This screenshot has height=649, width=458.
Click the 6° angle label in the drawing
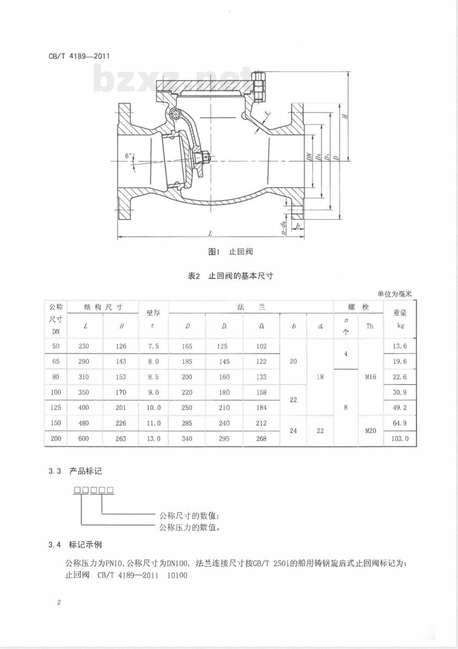[128, 156]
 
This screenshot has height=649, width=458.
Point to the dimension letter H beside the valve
[345, 116]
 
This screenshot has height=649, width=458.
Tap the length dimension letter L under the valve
[211, 233]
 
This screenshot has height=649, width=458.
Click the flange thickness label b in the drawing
[297, 226]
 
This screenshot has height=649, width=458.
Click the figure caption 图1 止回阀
[230, 251]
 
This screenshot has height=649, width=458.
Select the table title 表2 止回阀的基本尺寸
[230, 276]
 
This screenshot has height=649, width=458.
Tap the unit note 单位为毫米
[394, 294]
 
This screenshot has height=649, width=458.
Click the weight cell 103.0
[400, 438]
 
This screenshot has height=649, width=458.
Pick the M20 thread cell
[371, 431]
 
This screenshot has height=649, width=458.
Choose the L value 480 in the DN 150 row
[83, 423]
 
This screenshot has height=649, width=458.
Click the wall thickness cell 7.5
[153, 346]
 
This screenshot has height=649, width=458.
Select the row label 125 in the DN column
[56, 408]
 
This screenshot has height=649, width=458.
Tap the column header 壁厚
[153, 313]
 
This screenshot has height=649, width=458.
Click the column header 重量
[400, 313]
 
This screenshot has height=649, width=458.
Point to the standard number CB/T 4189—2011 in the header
[79, 56]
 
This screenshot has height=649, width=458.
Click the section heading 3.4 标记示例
[75, 545]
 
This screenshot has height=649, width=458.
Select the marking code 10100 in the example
[177, 575]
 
